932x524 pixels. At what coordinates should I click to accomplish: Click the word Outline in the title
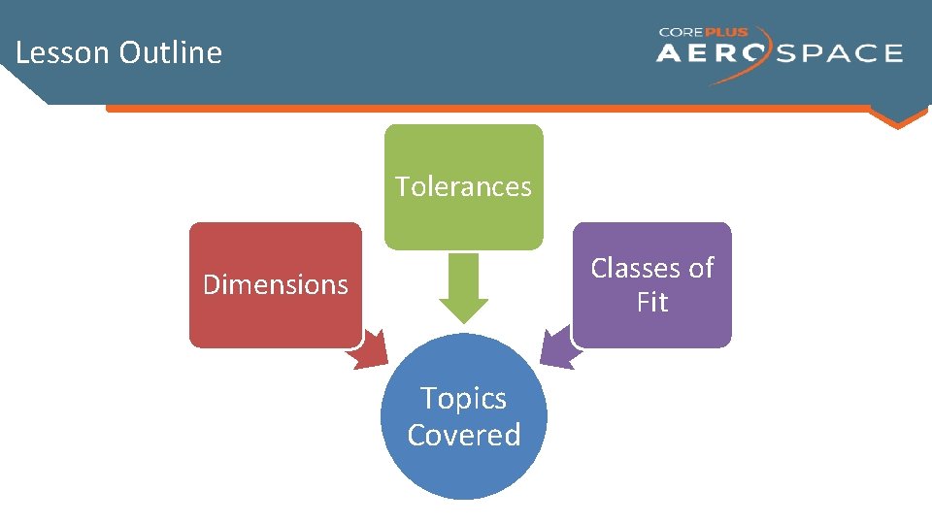pos(171,52)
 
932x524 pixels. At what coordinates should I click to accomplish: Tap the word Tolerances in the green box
pos(463,186)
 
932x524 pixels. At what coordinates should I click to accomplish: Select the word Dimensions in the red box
pos(275,284)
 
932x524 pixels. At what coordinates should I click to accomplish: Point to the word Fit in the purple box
pos(652,303)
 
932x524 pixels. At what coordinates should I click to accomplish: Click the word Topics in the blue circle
pos(463,399)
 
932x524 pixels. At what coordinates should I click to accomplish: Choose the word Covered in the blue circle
pos(463,435)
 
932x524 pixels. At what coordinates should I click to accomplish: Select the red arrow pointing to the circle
pos(369,350)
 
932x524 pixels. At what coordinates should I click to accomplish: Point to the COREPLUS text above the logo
pos(704,32)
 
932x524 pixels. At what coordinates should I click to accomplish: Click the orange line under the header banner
pos(485,109)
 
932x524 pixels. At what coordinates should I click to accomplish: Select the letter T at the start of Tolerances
pos(401,186)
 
